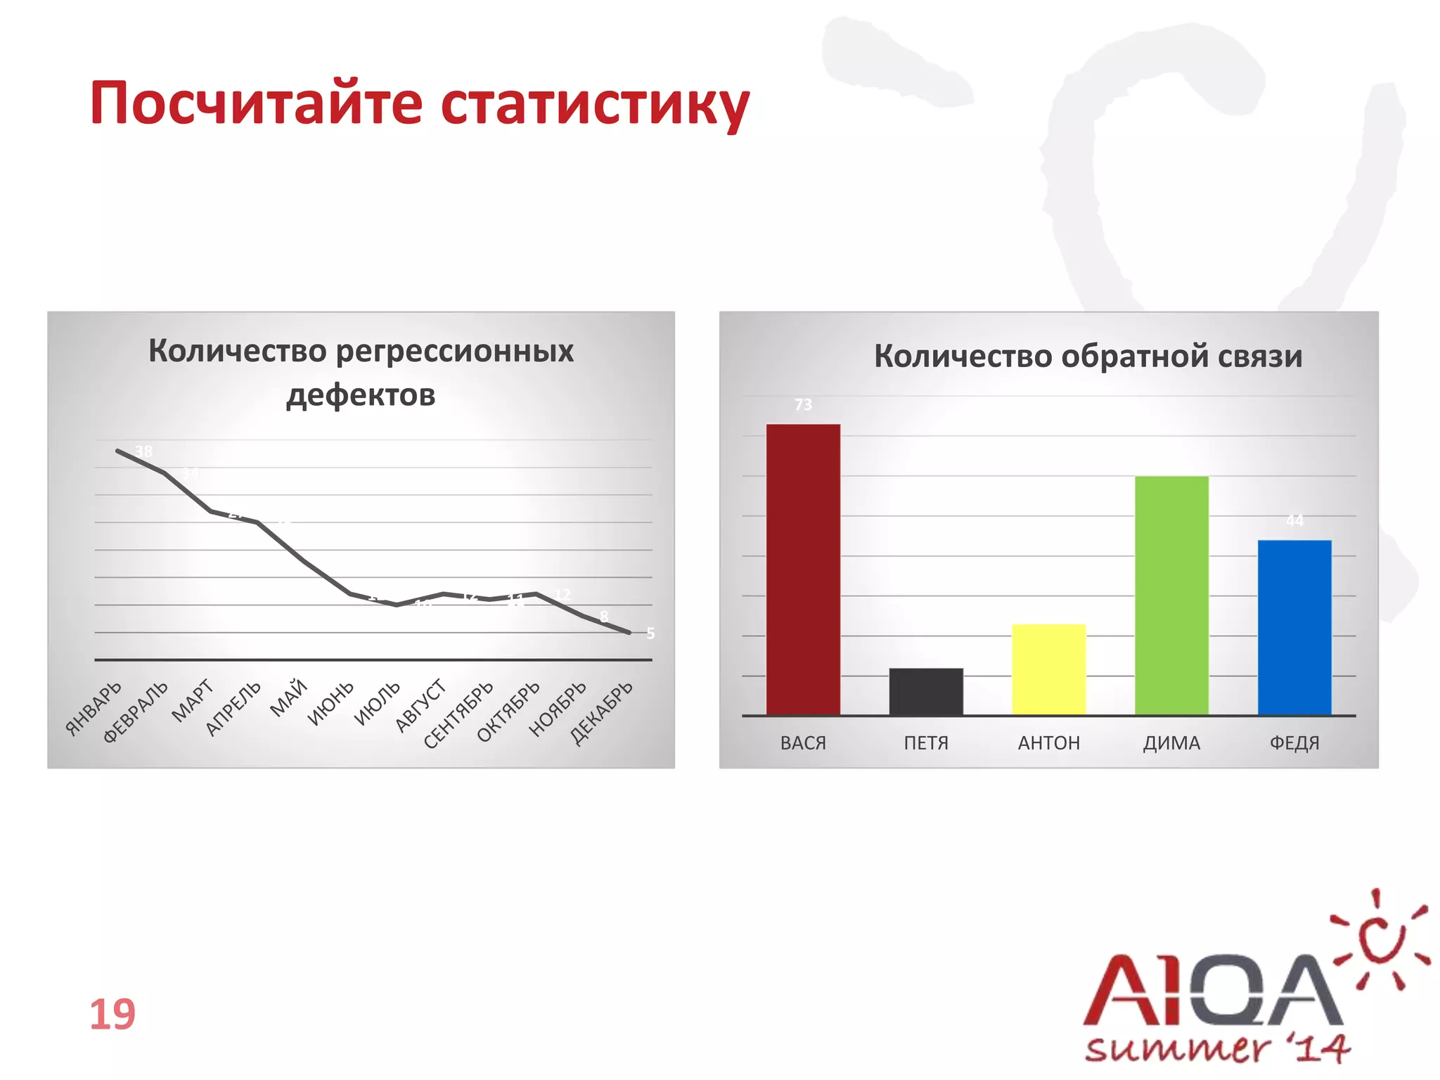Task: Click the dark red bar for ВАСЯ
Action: (x=803, y=570)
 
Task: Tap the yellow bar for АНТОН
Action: (x=1048, y=669)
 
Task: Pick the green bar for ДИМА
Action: (x=1171, y=596)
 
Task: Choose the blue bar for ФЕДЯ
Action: (x=1294, y=627)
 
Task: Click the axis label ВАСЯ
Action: (x=803, y=743)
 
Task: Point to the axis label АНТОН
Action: (x=1048, y=743)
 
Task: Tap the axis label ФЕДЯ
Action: (x=1294, y=743)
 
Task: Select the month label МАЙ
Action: (x=289, y=697)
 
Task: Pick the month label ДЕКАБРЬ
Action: (x=602, y=712)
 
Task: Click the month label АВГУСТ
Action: (x=420, y=705)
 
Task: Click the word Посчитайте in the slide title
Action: (x=256, y=103)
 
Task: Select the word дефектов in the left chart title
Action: (x=361, y=395)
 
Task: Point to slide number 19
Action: (x=112, y=1014)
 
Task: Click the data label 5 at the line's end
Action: (x=650, y=634)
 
